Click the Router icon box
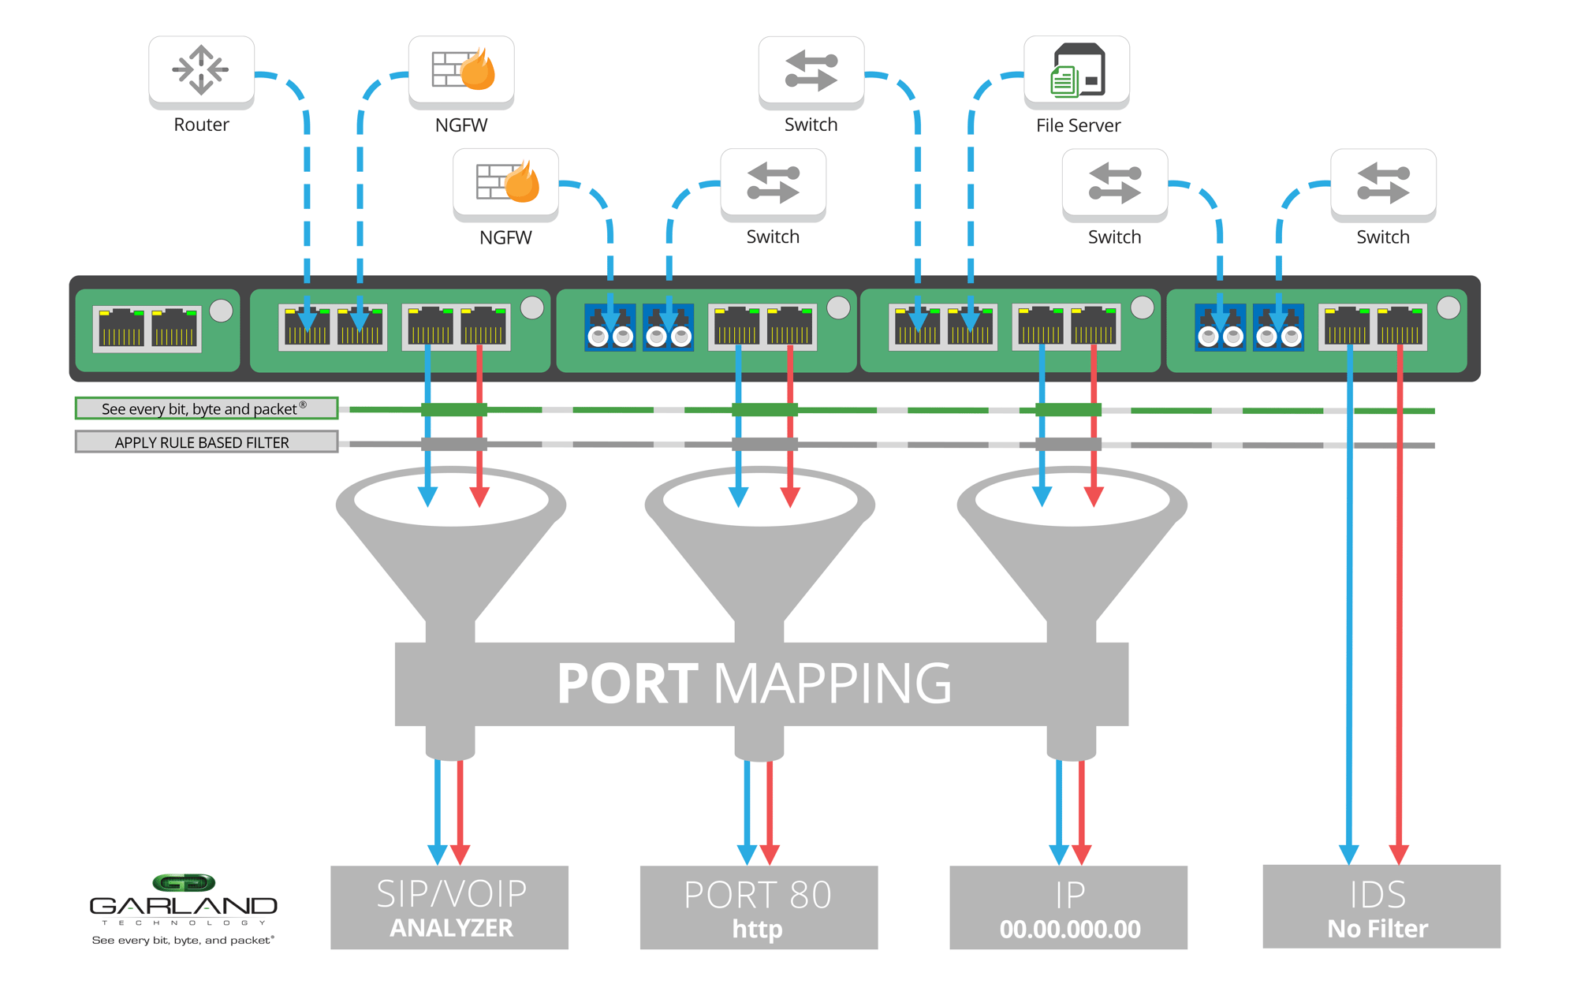pyautogui.click(x=201, y=71)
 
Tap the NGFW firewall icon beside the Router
pyautogui.click(x=461, y=71)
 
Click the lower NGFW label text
pyautogui.click(x=505, y=237)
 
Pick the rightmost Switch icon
pyautogui.click(x=1383, y=184)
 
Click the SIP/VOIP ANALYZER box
pyautogui.click(x=449, y=907)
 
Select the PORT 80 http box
pyautogui.click(x=759, y=907)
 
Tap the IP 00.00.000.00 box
pyautogui.click(x=1068, y=907)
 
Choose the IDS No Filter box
pyautogui.click(x=1381, y=907)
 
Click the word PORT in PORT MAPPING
pyautogui.click(x=627, y=684)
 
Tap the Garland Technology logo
pyautogui.click(x=183, y=907)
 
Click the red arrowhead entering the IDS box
pyautogui.click(x=1399, y=854)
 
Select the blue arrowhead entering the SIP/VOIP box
pyautogui.click(x=438, y=854)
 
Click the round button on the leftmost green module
pyautogui.click(x=222, y=311)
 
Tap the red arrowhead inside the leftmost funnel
pyautogui.click(x=479, y=497)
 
